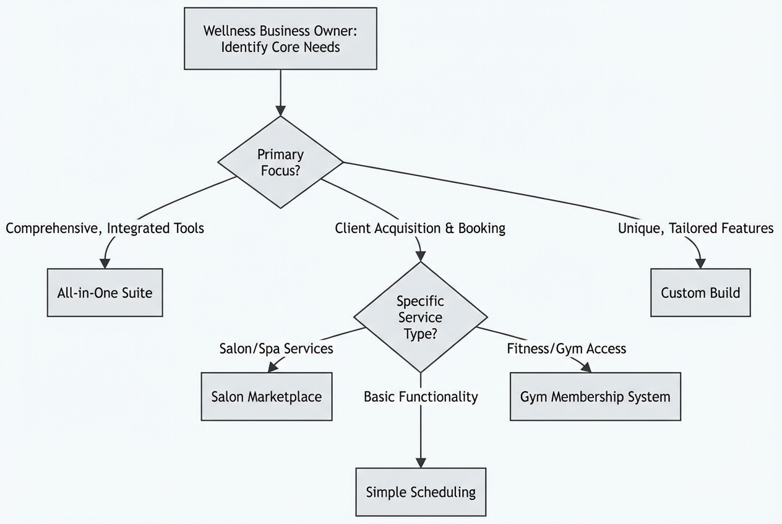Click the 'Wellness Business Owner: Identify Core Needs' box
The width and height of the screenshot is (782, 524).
coord(280,38)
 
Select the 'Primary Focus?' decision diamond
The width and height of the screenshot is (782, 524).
coord(280,162)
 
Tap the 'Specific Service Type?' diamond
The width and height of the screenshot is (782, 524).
coord(420,317)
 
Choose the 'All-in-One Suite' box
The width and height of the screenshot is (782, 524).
coord(105,292)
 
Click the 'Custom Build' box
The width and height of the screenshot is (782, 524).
coord(700,292)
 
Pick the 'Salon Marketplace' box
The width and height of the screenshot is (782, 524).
coord(266,396)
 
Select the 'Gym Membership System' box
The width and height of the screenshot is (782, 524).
coord(595,396)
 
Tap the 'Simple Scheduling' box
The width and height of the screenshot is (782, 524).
coord(421,492)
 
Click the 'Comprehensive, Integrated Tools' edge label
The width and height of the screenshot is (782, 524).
coord(105,228)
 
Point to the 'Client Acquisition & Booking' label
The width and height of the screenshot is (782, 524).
coord(420,228)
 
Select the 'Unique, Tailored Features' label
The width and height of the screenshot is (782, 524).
coord(695,228)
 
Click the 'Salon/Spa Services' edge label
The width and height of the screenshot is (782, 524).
coord(276,349)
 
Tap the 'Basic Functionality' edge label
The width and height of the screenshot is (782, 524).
coord(421,397)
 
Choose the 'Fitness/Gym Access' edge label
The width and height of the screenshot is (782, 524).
coord(566,349)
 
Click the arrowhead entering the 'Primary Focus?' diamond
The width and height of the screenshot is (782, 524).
coord(280,111)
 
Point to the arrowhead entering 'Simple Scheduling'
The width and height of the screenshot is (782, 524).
coord(421,463)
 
